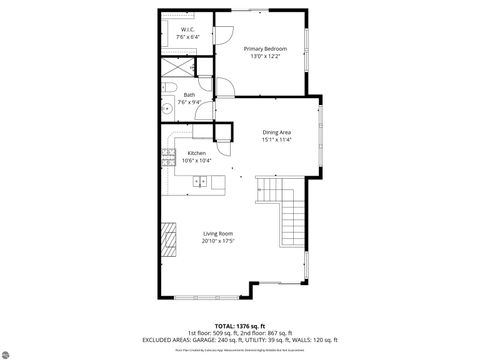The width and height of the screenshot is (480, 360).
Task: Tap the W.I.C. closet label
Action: click(189, 30)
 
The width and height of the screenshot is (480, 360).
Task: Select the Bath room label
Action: click(189, 95)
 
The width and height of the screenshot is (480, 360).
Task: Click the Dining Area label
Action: click(276, 132)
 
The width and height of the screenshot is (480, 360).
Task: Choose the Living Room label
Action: click(217, 233)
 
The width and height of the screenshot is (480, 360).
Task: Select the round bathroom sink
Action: click(166, 106)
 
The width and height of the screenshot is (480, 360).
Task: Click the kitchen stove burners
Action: click(167, 155)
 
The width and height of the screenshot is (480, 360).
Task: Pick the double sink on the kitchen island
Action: click(201, 181)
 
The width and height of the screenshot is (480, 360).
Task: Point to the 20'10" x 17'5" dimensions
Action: click(217, 240)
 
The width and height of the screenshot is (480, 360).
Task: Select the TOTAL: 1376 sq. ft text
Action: click(239, 323)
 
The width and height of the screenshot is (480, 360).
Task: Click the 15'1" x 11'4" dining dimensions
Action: click(276, 139)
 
